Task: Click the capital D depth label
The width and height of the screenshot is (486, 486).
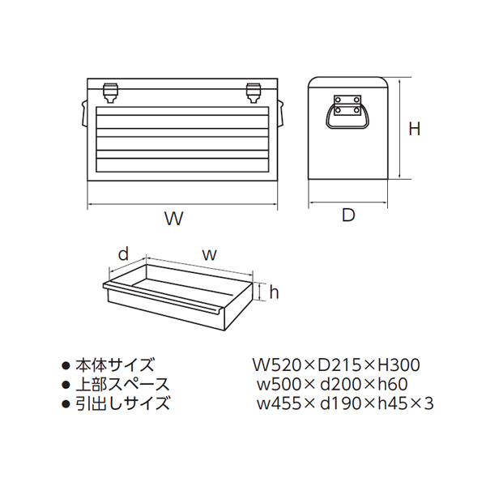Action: [x=348, y=215]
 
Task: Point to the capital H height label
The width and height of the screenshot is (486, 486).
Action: [x=414, y=129]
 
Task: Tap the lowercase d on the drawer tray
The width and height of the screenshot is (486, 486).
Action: [x=123, y=254]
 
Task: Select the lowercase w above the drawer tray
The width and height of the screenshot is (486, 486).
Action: [x=208, y=254]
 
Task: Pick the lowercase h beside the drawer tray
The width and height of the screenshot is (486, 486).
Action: [x=274, y=292]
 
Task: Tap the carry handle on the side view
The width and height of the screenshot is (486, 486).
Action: [x=347, y=112]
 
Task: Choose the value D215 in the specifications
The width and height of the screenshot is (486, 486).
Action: [x=338, y=366]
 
